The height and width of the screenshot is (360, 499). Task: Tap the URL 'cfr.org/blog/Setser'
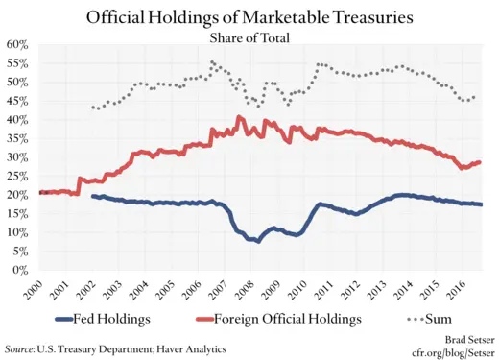point(440,352)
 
